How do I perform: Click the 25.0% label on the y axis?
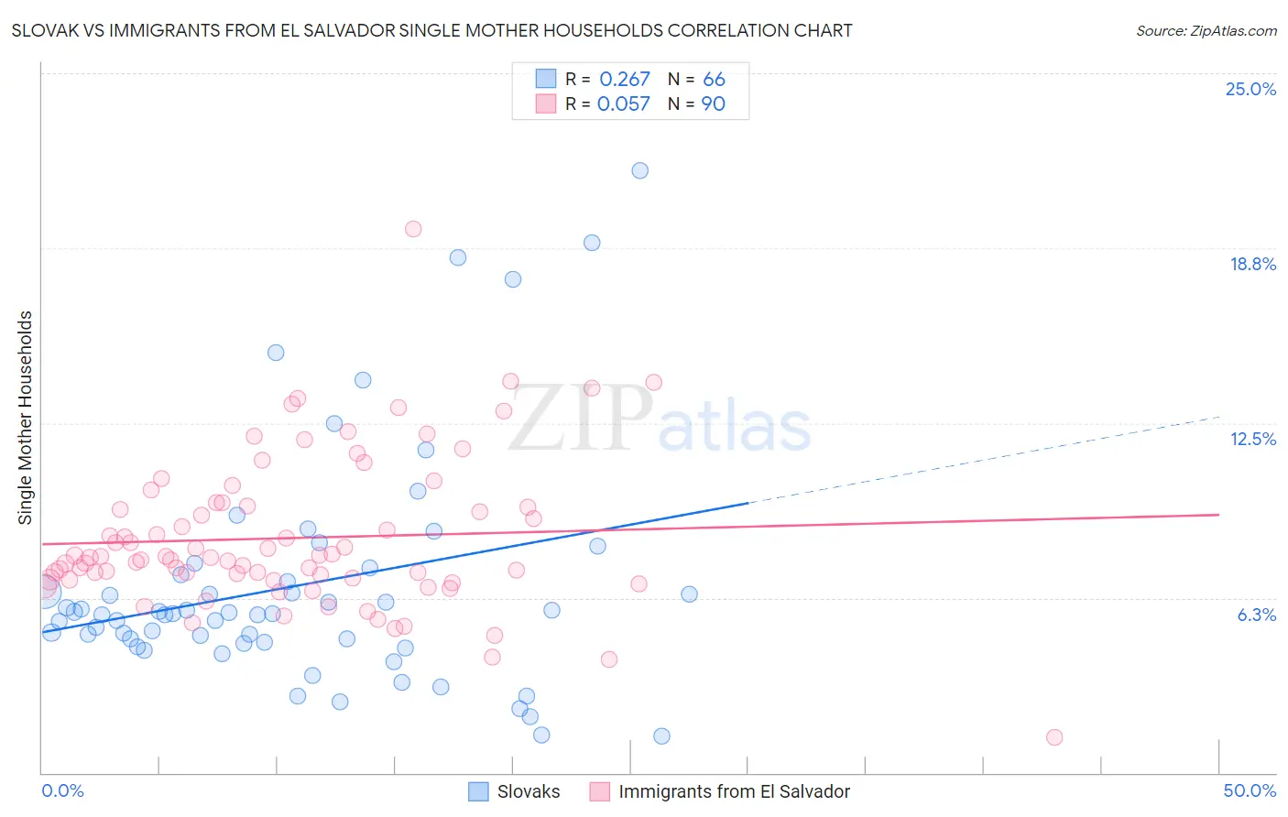(1250, 89)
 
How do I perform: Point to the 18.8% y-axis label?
(1252, 264)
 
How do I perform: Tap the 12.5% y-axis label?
(1252, 439)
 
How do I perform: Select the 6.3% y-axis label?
(1256, 615)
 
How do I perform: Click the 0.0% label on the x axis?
(62, 790)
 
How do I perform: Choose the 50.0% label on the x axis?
(1250, 790)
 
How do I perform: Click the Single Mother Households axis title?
(26, 418)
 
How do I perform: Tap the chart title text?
(431, 30)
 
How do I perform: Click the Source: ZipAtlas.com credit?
(1206, 30)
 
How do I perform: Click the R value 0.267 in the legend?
(624, 80)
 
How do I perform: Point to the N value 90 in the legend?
(713, 104)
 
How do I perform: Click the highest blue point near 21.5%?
(640, 170)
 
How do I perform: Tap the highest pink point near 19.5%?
(413, 229)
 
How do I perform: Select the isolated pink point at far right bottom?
(1054, 737)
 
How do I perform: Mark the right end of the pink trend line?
(1217, 515)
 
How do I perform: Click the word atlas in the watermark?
(735, 427)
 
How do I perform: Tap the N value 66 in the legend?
(714, 80)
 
